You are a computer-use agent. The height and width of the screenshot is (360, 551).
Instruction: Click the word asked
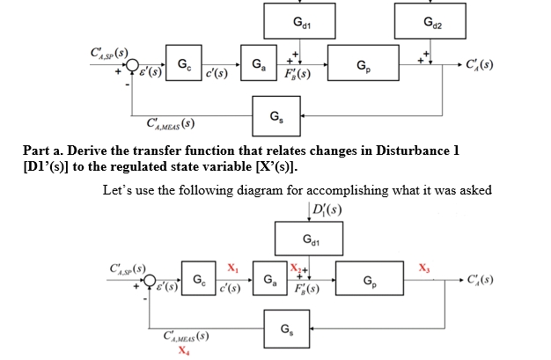point(474,188)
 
